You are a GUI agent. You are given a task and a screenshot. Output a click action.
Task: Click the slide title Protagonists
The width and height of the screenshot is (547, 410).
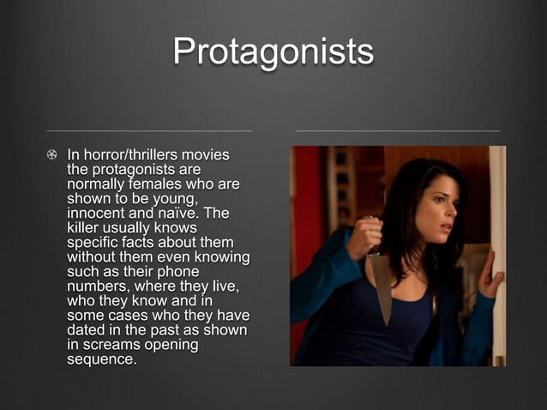[273, 52]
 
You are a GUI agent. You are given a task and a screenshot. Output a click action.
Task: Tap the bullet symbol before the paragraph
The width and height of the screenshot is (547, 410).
[52, 155]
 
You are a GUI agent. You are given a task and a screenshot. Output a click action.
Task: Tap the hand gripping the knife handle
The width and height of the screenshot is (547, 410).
[364, 236]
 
